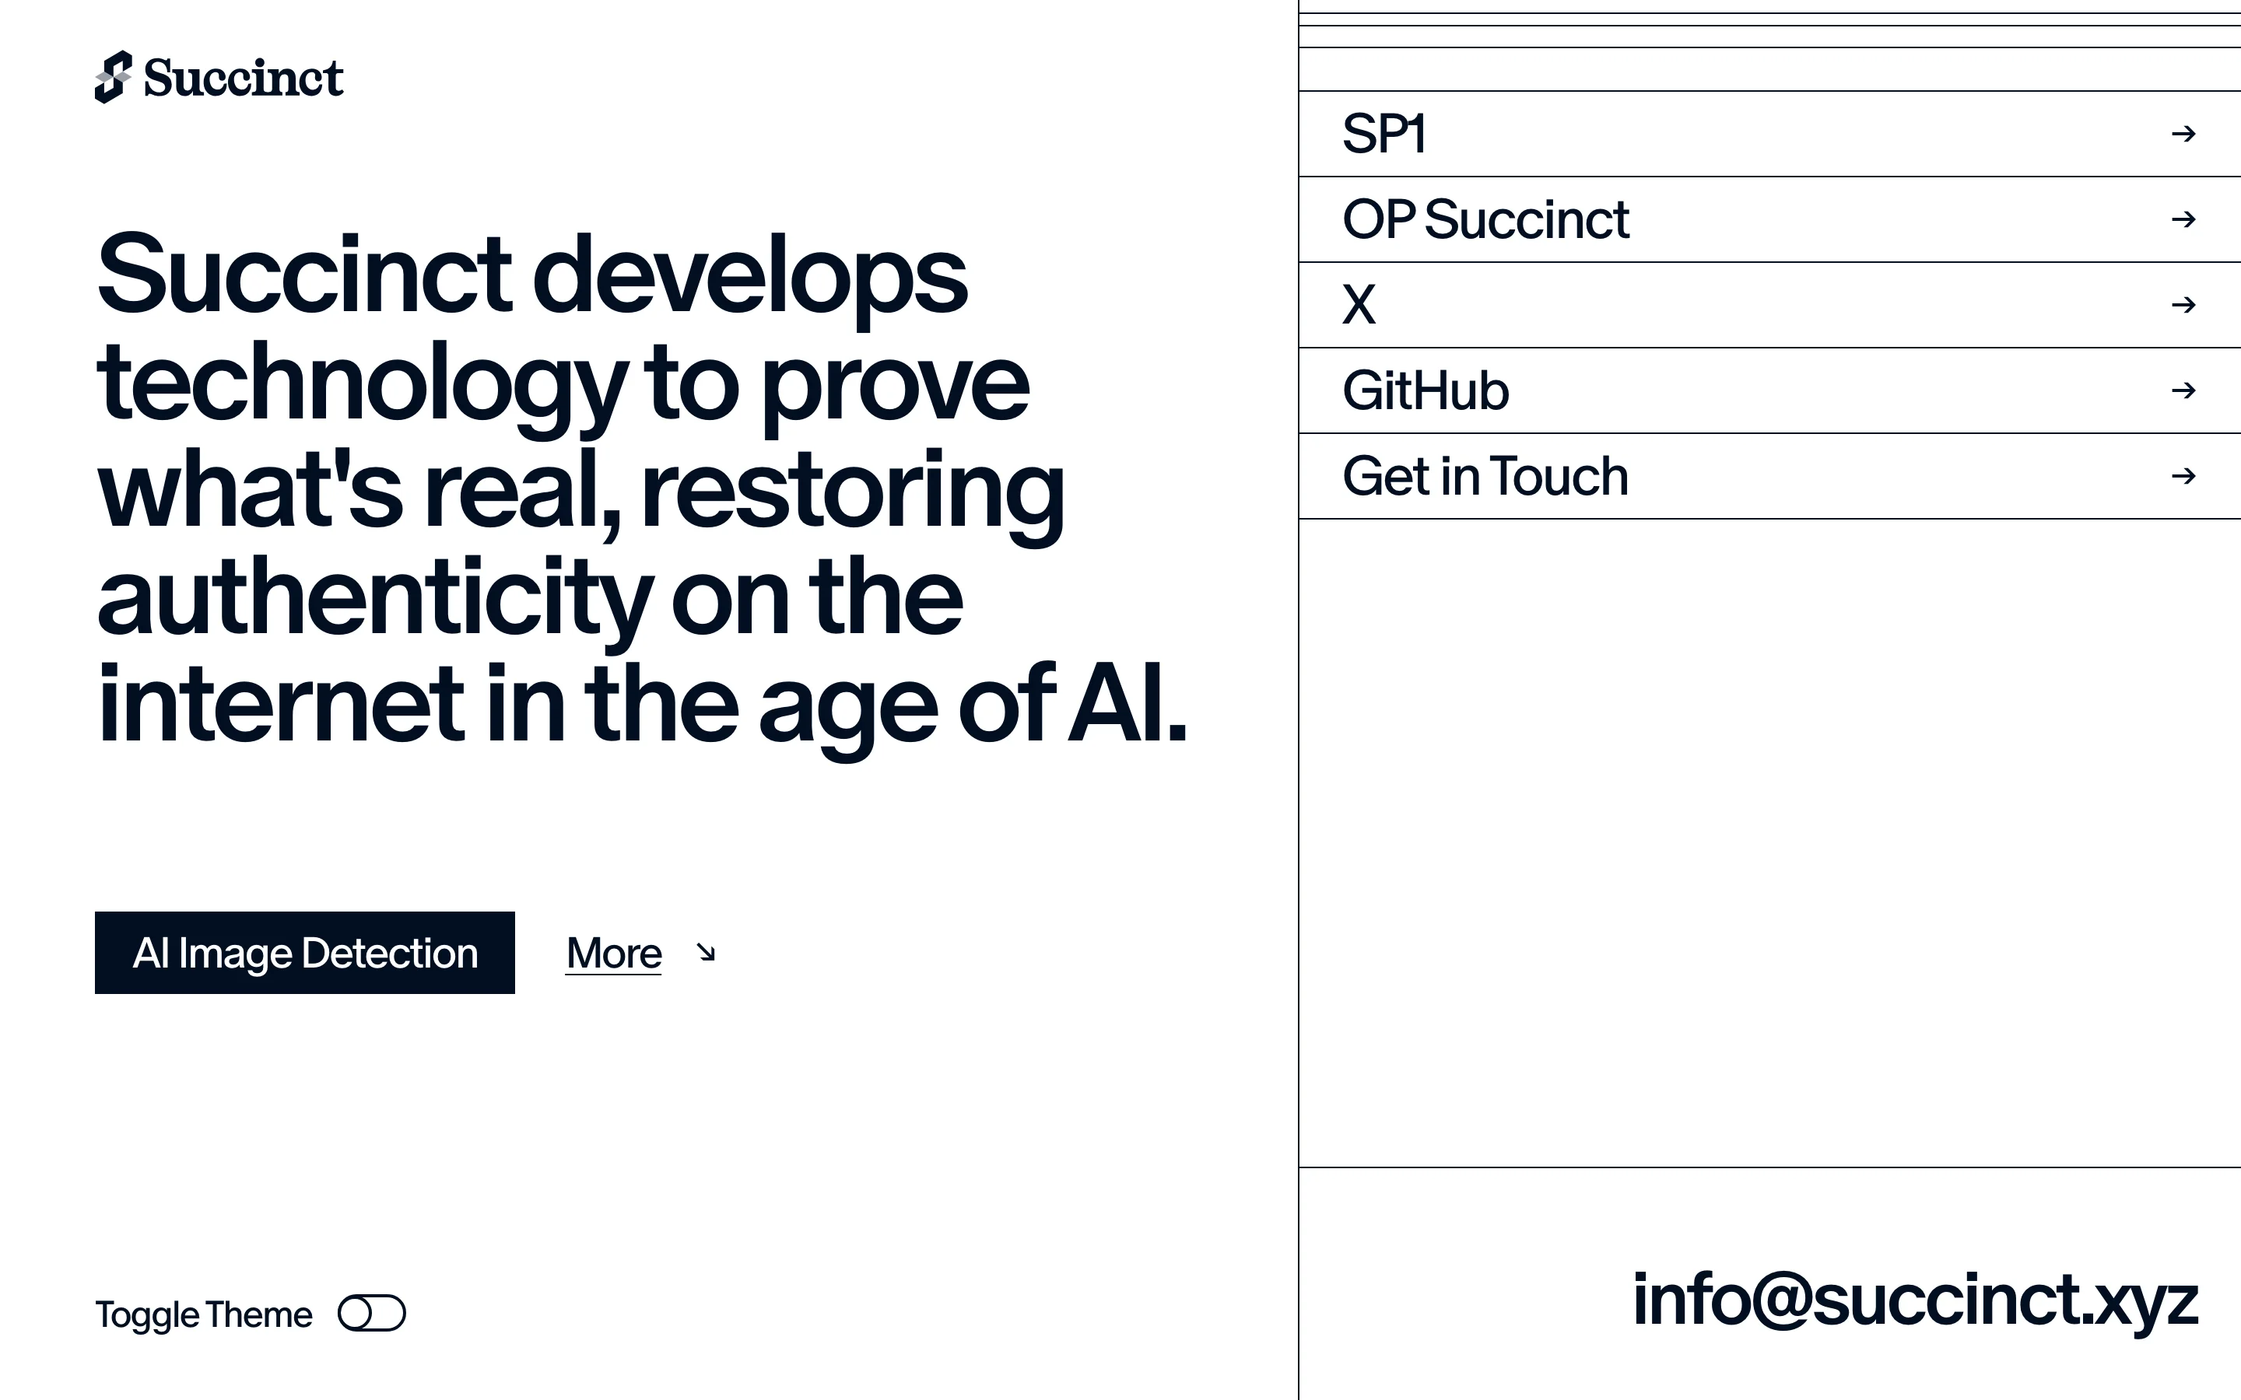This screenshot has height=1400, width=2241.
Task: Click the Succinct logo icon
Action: click(113, 77)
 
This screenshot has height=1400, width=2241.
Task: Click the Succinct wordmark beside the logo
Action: click(244, 77)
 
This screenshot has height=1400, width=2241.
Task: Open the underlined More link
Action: click(614, 953)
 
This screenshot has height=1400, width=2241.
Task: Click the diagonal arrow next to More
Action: click(706, 953)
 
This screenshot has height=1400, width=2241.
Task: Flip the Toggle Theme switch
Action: click(371, 1313)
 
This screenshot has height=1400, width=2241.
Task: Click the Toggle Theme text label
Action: click(204, 1314)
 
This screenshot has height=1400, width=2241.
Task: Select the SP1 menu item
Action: click(1384, 133)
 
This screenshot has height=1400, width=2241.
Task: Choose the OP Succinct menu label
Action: click(1485, 219)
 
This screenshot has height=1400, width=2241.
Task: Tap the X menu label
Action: click(1359, 305)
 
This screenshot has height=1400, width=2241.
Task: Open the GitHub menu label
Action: click(1426, 390)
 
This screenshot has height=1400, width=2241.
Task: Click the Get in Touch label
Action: click(1485, 476)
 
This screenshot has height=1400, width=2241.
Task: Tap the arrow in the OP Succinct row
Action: click(2183, 219)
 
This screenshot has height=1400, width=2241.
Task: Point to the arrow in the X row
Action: click(2183, 305)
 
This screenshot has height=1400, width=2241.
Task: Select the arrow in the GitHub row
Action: click(2183, 390)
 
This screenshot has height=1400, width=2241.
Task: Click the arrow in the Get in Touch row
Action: click(2183, 476)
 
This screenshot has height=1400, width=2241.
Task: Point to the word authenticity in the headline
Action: click(376, 598)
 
